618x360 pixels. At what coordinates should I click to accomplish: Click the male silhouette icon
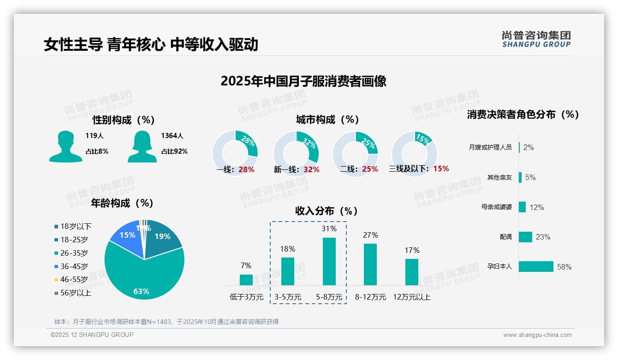point(65,146)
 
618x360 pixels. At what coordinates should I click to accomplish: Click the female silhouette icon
point(142,146)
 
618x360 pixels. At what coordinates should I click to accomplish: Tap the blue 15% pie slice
point(127,238)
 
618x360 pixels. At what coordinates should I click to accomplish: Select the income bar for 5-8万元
point(329,261)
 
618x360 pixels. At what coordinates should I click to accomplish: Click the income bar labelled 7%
point(246,280)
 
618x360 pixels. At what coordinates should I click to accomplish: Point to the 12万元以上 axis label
point(412,297)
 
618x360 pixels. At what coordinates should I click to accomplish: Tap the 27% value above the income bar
point(370,235)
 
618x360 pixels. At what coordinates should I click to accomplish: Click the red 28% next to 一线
point(247,169)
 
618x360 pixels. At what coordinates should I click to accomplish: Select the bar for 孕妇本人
point(536,266)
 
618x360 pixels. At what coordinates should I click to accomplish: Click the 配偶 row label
point(505,237)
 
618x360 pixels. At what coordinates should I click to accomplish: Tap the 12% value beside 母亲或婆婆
point(536,207)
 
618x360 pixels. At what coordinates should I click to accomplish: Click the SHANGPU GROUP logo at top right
point(536,39)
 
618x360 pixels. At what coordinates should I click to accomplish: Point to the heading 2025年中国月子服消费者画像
point(303,81)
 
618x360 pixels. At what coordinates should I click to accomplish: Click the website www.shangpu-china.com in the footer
point(537,335)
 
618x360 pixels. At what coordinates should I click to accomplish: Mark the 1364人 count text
point(172,136)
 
